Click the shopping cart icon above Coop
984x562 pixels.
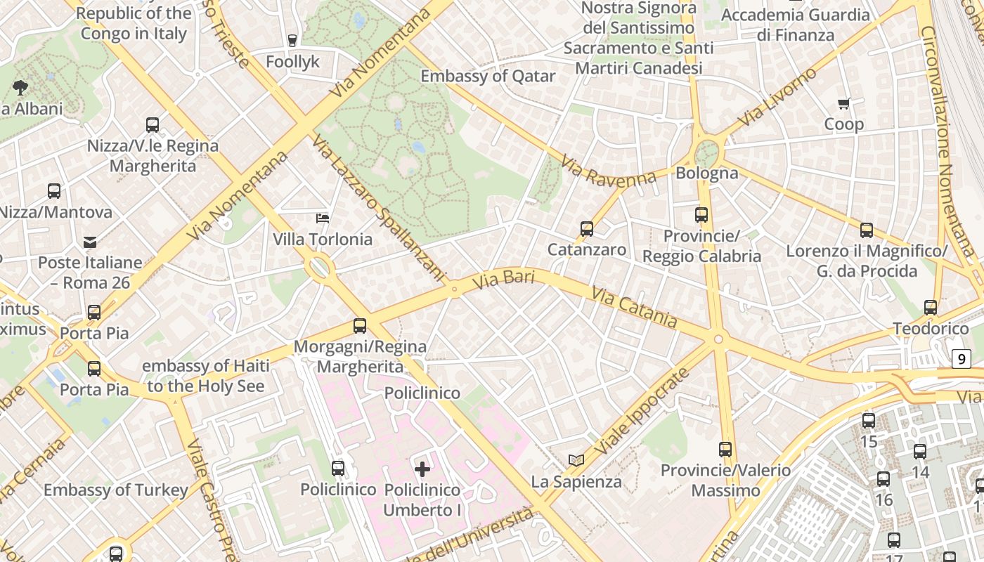[x=844, y=104]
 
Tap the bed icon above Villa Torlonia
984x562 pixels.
[x=323, y=218]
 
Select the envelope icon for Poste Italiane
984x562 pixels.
[x=90, y=242]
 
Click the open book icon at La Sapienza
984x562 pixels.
[x=576, y=461]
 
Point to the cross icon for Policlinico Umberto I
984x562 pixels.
[x=422, y=469]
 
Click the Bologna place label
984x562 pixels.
[x=706, y=173]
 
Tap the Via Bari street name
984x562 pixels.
[x=503, y=279]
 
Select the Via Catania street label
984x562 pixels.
[x=634, y=308]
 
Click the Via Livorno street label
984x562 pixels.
[x=782, y=96]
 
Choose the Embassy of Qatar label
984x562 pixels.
[x=488, y=76]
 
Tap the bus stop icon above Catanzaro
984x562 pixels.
[x=587, y=229]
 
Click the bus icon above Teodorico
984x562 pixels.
[x=931, y=308]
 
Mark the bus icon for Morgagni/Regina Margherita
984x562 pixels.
[x=360, y=326]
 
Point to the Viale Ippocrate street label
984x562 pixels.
[x=642, y=411]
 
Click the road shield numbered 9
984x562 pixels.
[x=961, y=359]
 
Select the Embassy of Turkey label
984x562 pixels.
[x=116, y=490]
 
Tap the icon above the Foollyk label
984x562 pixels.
[x=292, y=41]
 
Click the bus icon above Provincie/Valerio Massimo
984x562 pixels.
[x=725, y=450]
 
